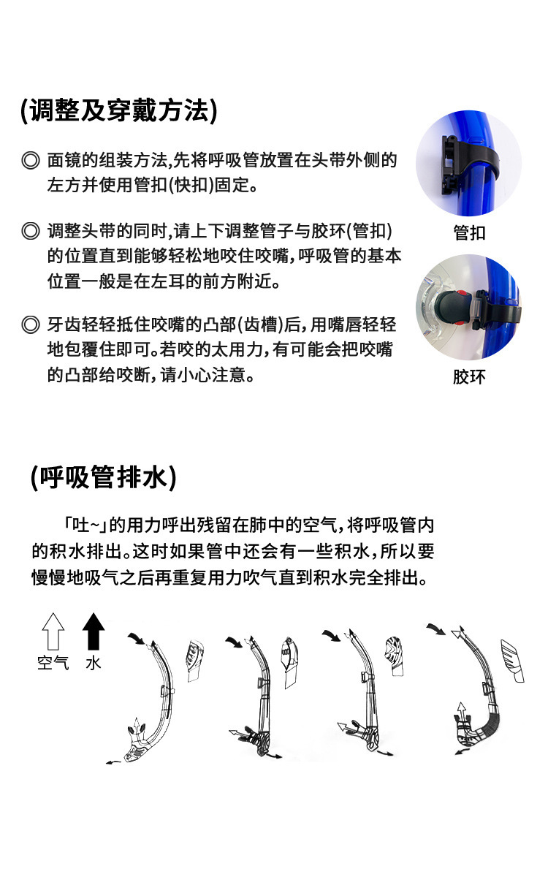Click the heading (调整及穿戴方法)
(x=119, y=110)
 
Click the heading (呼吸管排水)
(x=103, y=477)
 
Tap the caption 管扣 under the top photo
(x=469, y=233)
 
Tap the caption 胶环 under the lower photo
(x=469, y=377)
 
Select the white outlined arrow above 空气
(x=53, y=631)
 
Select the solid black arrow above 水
(x=93, y=631)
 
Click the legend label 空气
(x=53, y=664)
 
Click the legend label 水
(x=94, y=664)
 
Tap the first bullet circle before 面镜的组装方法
(x=30, y=160)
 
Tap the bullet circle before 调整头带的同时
(x=30, y=232)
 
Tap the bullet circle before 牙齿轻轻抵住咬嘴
(x=30, y=324)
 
